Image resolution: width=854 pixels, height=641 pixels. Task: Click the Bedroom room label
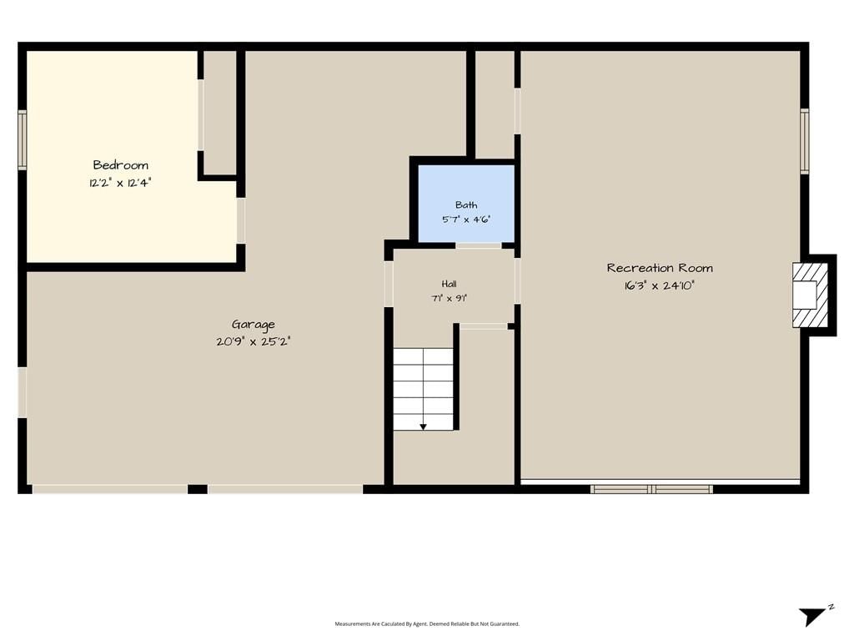pos(120,164)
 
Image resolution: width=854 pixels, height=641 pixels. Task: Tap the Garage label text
pos(254,325)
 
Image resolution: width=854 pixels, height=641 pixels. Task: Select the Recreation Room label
pos(660,268)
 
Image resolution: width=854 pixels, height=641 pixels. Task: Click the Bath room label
pos(466,205)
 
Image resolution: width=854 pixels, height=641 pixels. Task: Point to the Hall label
pos(449,284)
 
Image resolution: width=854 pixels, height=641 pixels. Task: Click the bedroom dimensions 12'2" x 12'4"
pos(120,183)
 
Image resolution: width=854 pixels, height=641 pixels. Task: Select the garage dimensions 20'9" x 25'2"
pos(254,341)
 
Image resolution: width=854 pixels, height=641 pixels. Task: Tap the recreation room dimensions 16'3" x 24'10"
pos(660,285)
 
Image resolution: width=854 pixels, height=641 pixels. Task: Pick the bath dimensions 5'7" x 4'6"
pos(466,220)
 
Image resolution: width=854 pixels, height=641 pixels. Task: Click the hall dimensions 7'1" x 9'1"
pos(450,298)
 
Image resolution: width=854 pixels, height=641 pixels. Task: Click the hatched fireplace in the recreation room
pos(810,295)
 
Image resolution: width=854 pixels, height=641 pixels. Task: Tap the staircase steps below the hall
pos(423,389)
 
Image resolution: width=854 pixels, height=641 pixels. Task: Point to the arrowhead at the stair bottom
pos(423,426)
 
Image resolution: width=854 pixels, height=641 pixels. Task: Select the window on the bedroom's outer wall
pos(23,140)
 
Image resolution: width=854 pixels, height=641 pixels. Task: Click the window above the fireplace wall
pos(805,141)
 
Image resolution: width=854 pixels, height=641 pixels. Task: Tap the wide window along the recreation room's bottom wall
pos(651,489)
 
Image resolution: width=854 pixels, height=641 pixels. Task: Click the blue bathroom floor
pos(466,204)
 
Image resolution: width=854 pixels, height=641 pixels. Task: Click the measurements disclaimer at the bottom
pos(427,623)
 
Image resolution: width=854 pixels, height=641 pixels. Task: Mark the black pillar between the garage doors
pos(198,489)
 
